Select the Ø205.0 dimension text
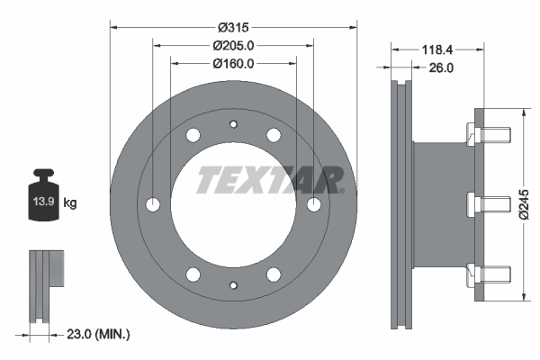tap(233, 45)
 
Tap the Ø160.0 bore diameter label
tap(233, 63)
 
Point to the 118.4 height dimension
tap(436, 49)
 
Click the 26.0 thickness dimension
tap(440, 67)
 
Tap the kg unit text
tap(70, 204)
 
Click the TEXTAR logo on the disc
tap(270, 179)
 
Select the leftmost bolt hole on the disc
tap(154, 205)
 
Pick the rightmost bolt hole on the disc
tap(313, 205)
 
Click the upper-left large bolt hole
tap(193, 136)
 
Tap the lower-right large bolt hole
tap(274, 274)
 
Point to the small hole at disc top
tap(233, 124)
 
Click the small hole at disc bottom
tap(233, 286)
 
